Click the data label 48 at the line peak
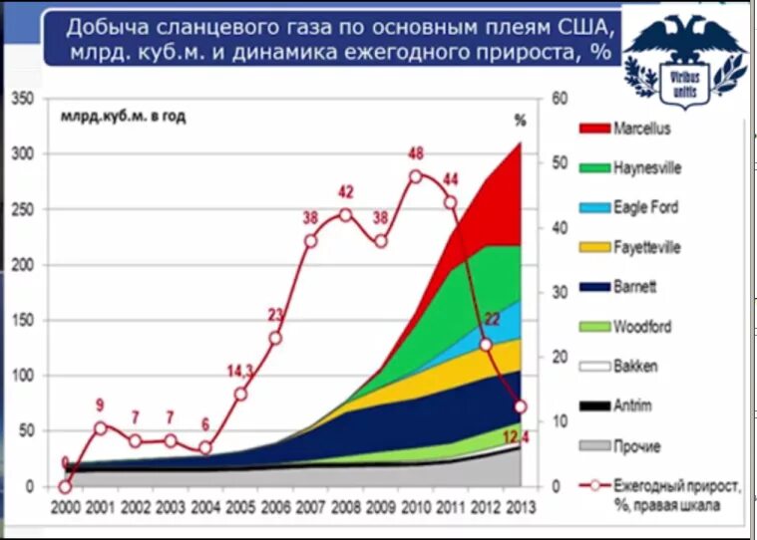point(416,154)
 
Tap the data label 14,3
point(240,371)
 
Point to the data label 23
point(276,316)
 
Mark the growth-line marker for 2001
point(99,427)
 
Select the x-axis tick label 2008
point(345,506)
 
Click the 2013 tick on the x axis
point(519,506)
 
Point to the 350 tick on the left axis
point(21,99)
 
